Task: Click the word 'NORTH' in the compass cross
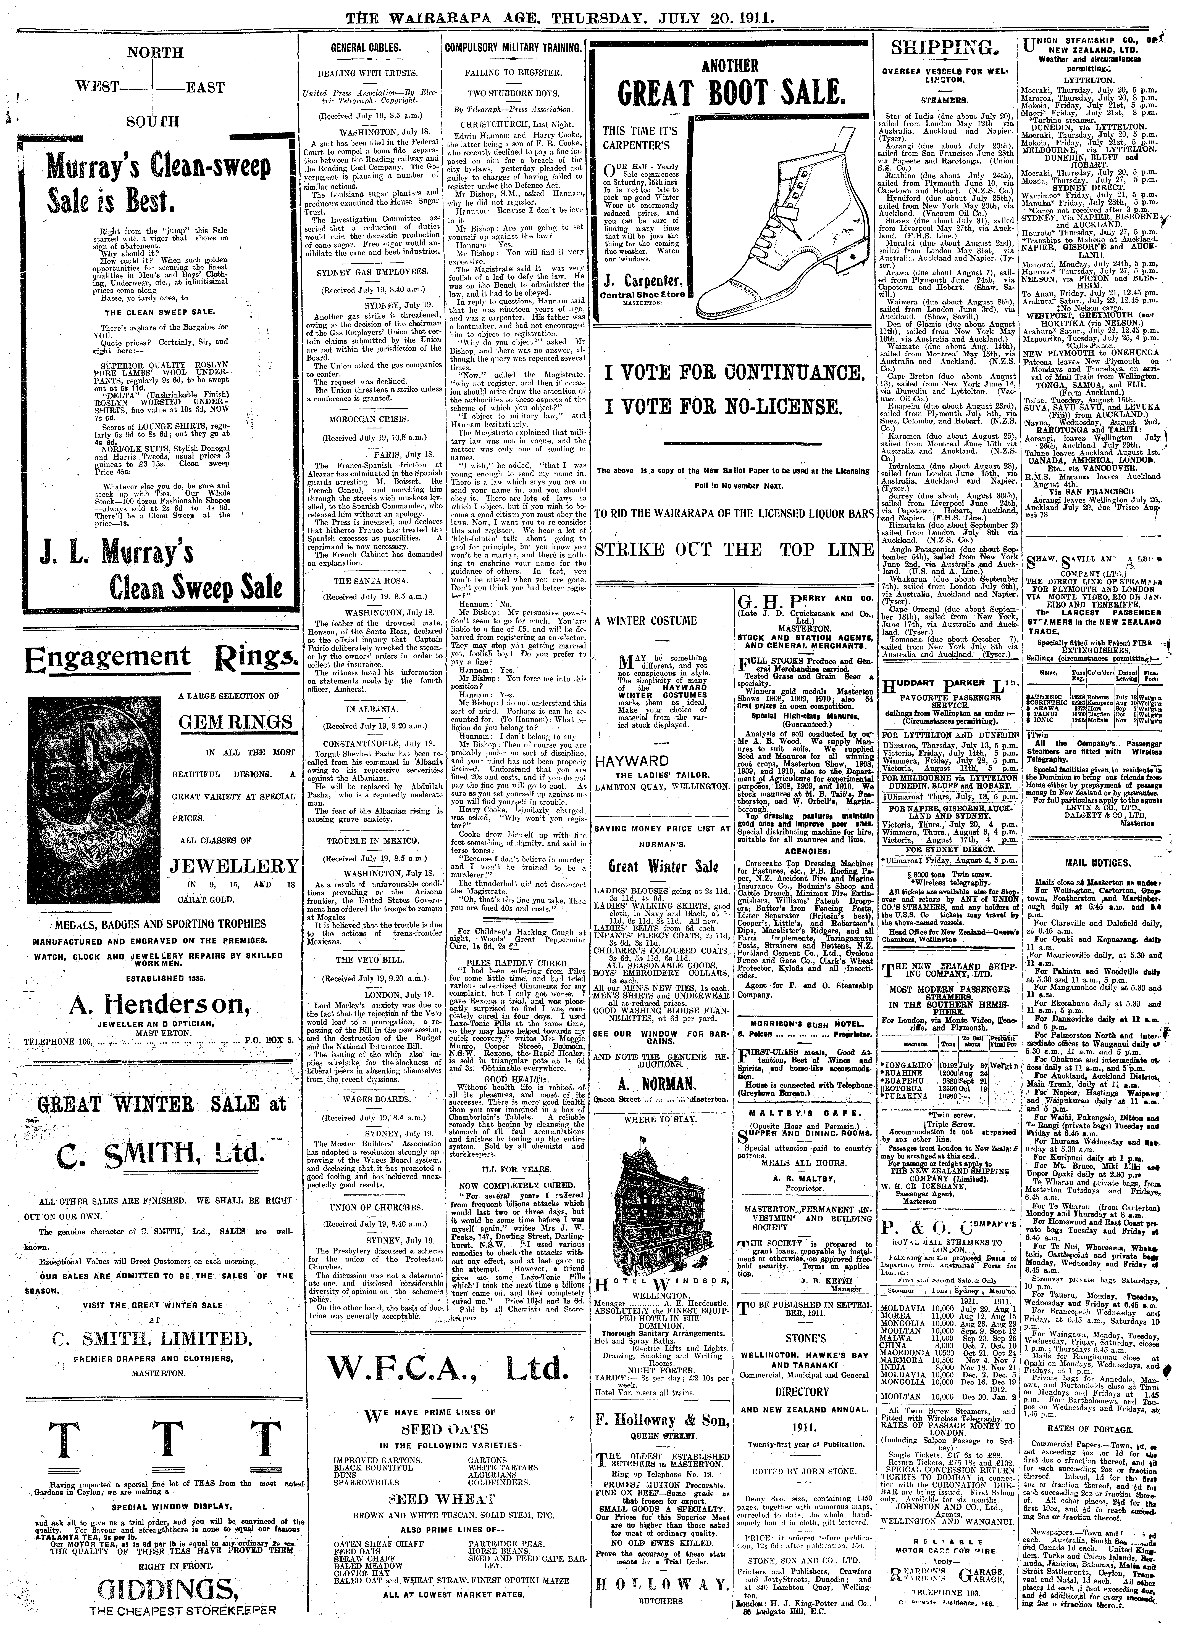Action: click(155, 52)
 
